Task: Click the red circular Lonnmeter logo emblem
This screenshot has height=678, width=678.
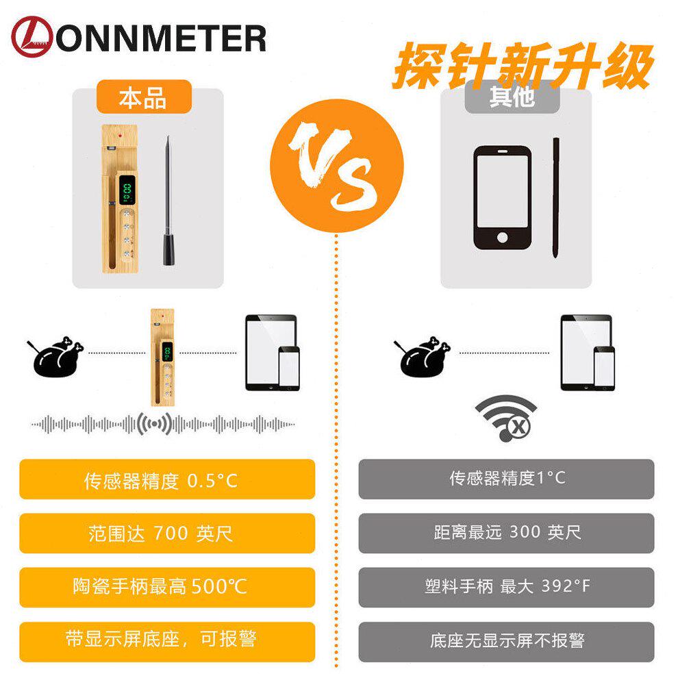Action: [32, 37]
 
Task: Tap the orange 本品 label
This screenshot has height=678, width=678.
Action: [144, 97]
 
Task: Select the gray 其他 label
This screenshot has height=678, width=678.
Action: [512, 97]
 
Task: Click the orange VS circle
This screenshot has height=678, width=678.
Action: [337, 166]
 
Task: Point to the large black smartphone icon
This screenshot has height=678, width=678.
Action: [503, 198]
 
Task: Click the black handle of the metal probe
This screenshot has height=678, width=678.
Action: [169, 249]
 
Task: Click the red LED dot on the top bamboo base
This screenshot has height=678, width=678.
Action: [120, 136]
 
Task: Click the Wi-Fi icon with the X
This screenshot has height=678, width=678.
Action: [506, 418]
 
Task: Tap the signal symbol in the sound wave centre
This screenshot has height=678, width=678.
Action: [154, 424]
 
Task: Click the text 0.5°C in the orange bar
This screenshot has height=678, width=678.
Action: [212, 481]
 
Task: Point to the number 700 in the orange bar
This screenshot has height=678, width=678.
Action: [171, 533]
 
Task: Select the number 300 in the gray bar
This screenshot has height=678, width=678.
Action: [525, 532]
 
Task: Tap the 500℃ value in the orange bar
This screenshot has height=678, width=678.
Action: [219, 587]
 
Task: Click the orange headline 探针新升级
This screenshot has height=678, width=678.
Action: [523, 66]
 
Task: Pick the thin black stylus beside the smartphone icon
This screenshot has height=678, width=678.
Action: [556, 198]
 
